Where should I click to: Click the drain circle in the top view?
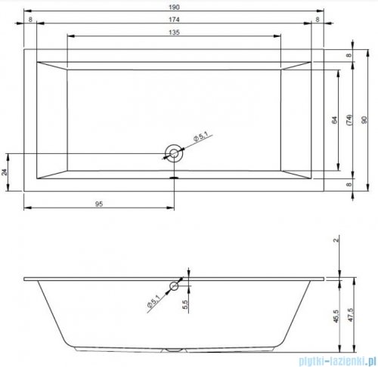(x=175, y=153)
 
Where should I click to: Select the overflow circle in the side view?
(x=174, y=285)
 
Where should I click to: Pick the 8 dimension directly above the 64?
(x=349, y=56)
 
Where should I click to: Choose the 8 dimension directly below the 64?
(x=349, y=183)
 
